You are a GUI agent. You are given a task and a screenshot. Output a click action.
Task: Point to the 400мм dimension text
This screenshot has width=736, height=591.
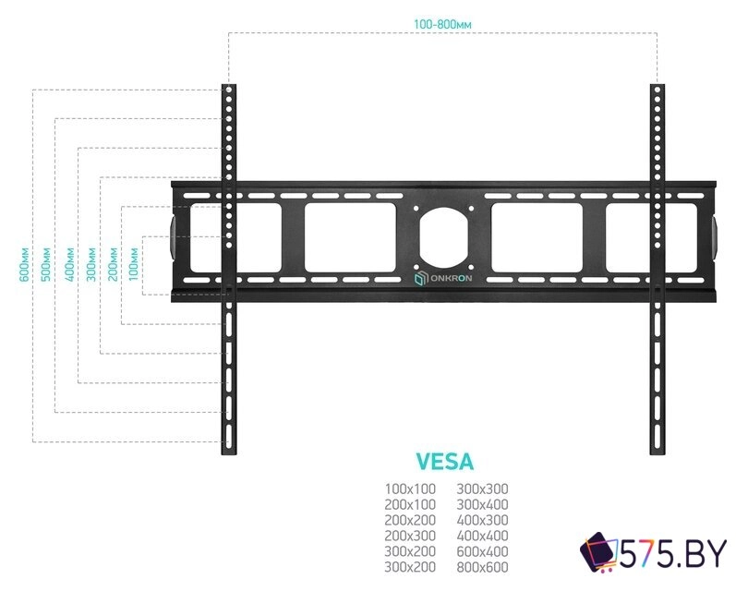pyautogui.click(x=68, y=264)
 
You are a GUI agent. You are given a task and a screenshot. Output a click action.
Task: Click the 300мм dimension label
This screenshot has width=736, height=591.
pyautogui.click(x=90, y=264)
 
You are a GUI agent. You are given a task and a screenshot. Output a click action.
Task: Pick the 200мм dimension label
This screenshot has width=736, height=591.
pyautogui.click(x=113, y=264)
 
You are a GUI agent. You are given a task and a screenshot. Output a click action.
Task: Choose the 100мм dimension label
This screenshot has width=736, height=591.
pyautogui.click(x=135, y=264)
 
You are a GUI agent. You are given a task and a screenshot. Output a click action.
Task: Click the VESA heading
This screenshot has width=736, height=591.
pyautogui.click(x=445, y=460)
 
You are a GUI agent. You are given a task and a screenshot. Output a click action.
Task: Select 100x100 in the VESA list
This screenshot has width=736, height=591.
pyautogui.click(x=409, y=489)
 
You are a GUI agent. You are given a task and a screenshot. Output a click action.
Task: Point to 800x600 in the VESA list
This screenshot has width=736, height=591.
pyautogui.click(x=482, y=566)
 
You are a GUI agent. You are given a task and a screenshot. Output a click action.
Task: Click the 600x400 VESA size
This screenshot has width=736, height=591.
pyautogui.click(x=482, y=550)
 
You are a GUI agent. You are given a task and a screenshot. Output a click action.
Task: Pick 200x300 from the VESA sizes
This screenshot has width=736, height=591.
pyautogui.click(x=409, y=536)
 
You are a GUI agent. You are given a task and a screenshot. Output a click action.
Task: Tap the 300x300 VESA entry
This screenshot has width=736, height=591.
pyautogui.click(x=482, y=489)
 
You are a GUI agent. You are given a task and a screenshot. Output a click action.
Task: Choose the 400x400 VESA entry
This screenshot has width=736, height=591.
pyautogui.click(x=482, y=536)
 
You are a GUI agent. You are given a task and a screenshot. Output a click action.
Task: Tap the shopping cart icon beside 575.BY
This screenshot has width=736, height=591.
pyautogui.click(x=597, y=554)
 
